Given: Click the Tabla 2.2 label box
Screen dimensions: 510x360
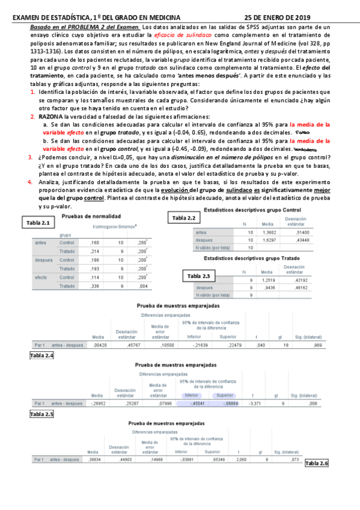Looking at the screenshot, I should coord(184,218).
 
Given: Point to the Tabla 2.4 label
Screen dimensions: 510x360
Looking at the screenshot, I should coord(41,355).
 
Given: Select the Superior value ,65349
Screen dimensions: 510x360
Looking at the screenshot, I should coord(213,459).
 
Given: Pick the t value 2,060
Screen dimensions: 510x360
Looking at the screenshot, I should coord(241,459).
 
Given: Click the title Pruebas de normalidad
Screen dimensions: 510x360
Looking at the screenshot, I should coord(91,216).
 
